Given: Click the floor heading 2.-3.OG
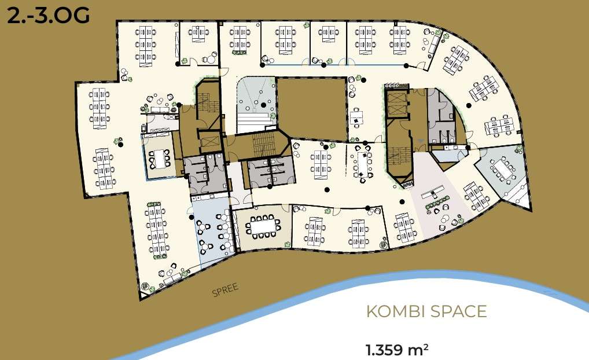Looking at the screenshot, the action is click(x=48, y=16).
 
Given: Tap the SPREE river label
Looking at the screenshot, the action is click(x=226, y=290).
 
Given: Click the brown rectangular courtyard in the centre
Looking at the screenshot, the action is click(x=311, y=109).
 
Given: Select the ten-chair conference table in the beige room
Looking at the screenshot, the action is click(x=263, y=227).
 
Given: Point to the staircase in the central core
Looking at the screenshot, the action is click(x=264, y=144).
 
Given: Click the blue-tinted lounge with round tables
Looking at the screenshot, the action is click(x=212, y=231).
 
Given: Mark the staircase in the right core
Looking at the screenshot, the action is click(x=397, y=156).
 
